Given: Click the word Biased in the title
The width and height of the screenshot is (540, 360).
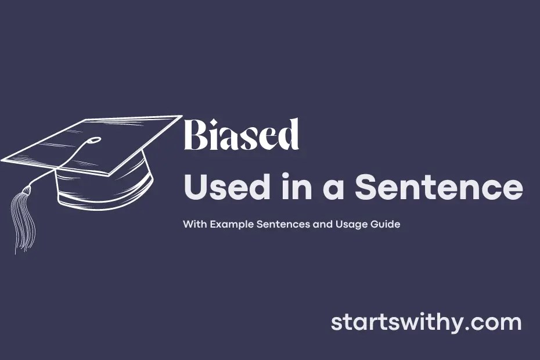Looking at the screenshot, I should point(241,135).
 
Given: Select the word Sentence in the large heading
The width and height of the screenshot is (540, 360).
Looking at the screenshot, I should point(438,188).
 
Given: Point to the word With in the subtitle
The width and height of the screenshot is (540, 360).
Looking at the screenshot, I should point(193,224).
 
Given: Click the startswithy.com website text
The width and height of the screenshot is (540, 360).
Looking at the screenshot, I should point(426,323).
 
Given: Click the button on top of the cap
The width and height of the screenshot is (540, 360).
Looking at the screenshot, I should point(95,140).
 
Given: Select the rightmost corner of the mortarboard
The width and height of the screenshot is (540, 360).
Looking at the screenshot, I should point(181,116).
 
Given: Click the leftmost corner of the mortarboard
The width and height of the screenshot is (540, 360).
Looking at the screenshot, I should point(3,159).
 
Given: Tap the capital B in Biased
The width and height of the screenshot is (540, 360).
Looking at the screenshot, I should point(195,135).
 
